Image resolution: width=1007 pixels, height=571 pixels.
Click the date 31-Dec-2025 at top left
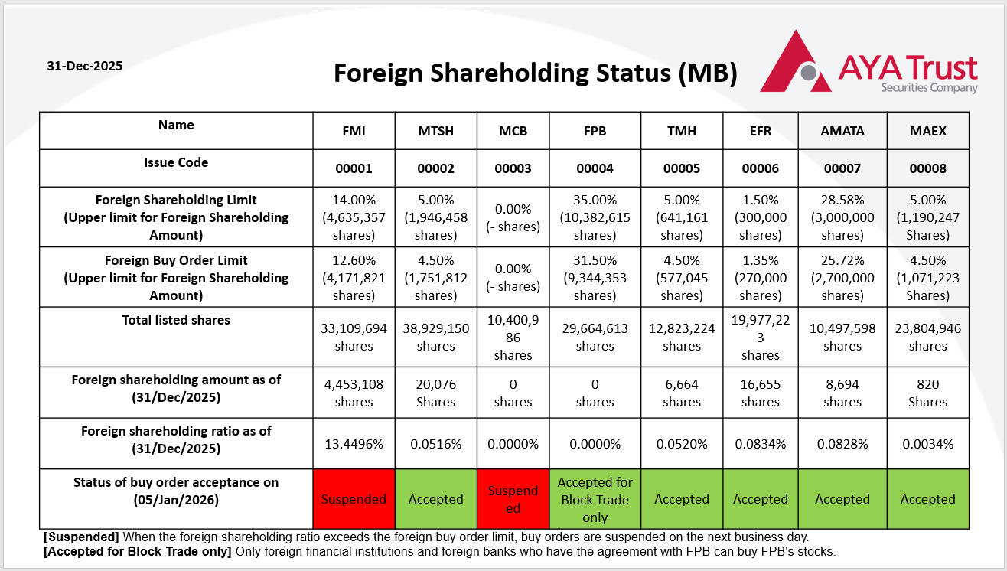tap(84, 66)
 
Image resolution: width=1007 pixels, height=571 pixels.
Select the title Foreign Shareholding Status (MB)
tap(536, 73)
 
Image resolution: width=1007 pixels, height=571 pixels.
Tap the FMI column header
tap(354, 131)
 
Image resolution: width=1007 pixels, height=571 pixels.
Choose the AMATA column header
tap(842, 131)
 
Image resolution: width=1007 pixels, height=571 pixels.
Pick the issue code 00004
tap(595, 168)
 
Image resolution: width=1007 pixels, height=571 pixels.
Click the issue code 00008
tap(927, 168)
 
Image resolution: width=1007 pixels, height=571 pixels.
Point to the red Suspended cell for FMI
tap(354, 499)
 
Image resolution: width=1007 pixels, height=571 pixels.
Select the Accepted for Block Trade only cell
tap(595, 499)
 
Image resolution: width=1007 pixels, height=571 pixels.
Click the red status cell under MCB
tap(513, 499)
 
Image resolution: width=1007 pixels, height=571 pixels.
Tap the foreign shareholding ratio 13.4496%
tap(354, 444)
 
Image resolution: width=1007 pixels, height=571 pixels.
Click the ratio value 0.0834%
tap(760, 444)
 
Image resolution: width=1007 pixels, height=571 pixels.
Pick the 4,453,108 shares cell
tap(354, 393)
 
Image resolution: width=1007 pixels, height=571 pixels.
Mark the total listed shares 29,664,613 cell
tap(595, 337)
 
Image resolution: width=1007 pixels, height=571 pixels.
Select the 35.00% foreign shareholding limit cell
tap(595, 217)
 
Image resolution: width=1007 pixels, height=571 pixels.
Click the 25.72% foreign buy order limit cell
tap(842, 277)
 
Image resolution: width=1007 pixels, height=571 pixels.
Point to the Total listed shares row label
tap(176, 321)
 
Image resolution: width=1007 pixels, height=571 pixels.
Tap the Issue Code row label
tap(176, 162)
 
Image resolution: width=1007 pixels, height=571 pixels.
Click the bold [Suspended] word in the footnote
tap(80, 537)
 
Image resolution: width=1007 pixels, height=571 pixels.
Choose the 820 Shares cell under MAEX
tap(927, 393)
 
